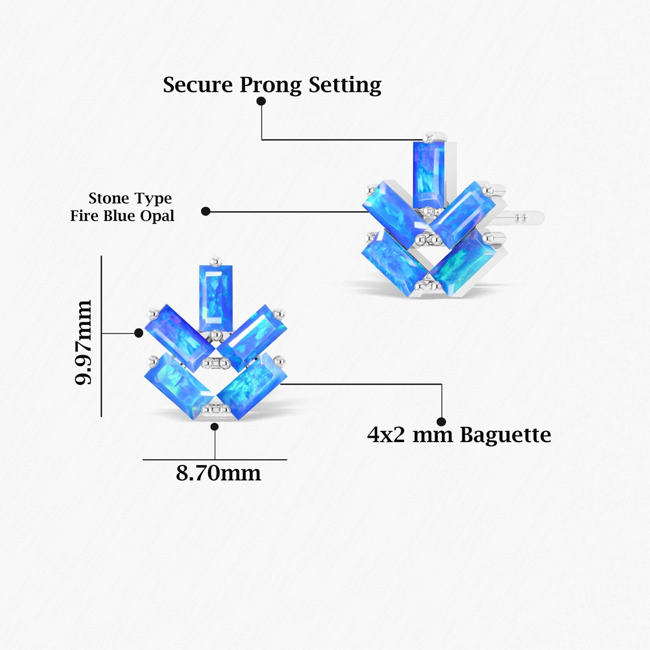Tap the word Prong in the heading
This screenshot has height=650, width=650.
[x=270, y=85]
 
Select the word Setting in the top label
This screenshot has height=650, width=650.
[x=345, y=85]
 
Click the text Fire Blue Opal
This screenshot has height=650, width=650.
[x=122, y=216]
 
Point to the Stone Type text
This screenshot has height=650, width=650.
[x=130, y=198]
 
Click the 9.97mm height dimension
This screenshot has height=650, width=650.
[x=83, y=342]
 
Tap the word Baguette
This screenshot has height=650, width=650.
[x=505, y=435]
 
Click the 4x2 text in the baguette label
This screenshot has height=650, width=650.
[x=386, y=435]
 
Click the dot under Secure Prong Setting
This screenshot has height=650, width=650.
[x=261, y=101]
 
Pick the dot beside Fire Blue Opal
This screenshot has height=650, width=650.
[x=206, y=211]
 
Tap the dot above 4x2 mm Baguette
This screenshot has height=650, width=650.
[x=441, y=421]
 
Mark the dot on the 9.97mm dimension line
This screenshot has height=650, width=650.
[x=139, y=333]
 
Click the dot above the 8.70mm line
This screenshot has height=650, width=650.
[x=215, y=427]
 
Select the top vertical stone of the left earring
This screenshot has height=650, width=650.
[x=216, y=298]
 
